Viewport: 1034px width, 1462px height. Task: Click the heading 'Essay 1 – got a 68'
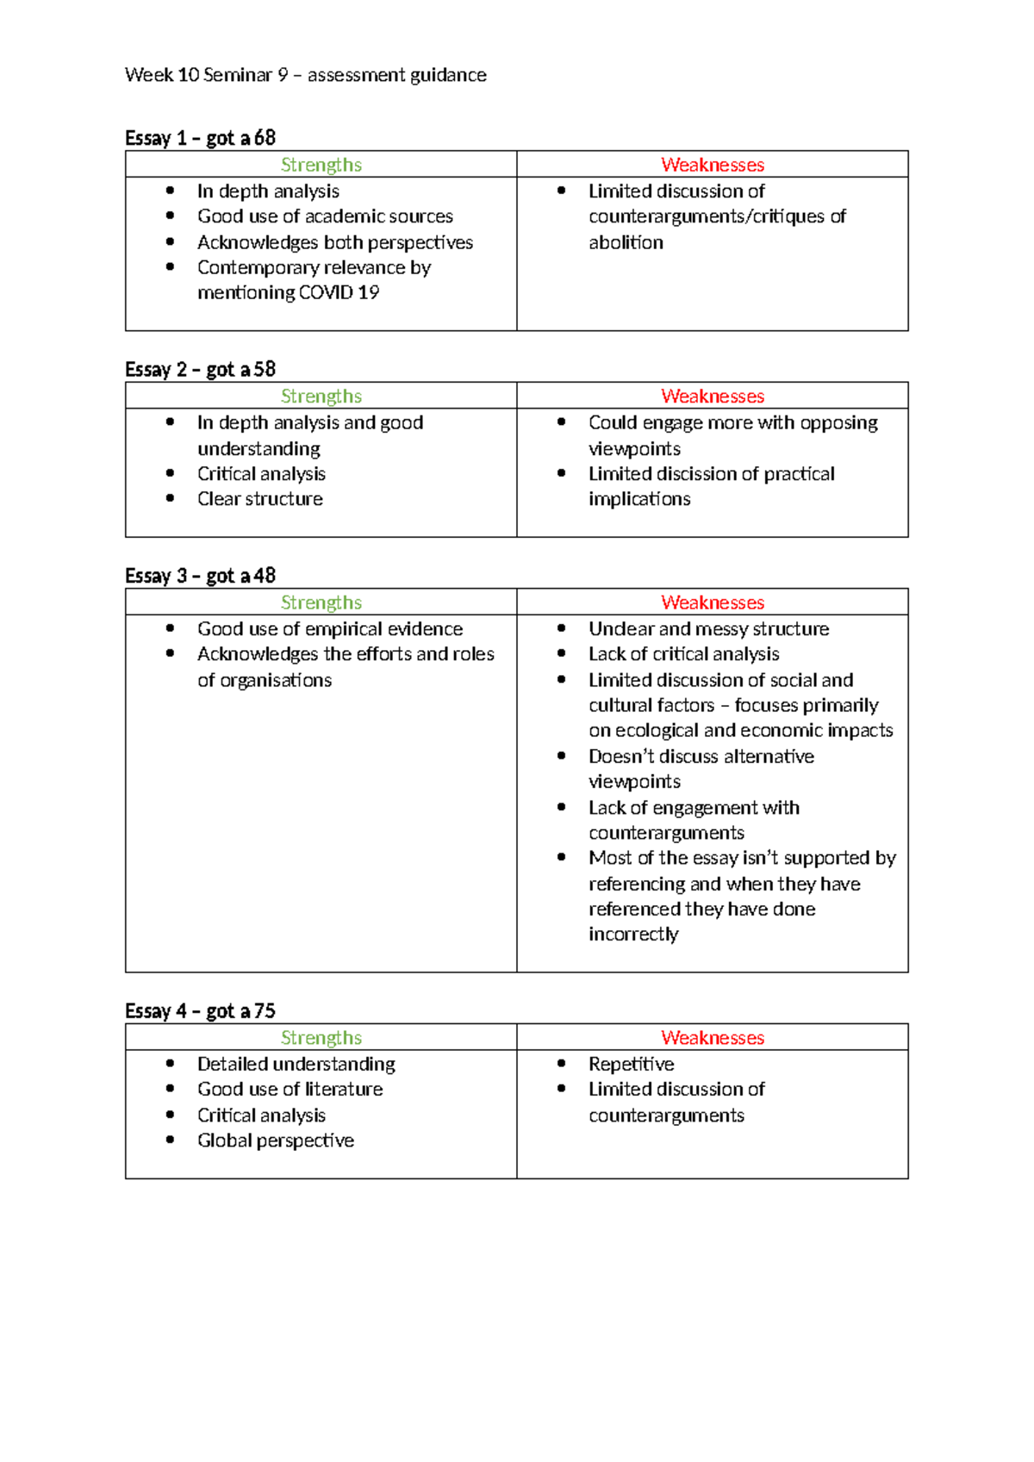200,138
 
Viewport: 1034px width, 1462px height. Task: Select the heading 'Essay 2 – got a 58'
200,369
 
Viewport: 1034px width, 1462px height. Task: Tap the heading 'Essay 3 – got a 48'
200,575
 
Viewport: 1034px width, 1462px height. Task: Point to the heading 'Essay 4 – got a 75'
200,1010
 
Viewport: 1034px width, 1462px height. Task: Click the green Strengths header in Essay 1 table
321,165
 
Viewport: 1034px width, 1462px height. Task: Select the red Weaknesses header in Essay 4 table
713,1038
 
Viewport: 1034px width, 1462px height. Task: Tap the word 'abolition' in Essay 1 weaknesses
626,242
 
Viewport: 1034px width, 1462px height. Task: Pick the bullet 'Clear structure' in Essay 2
259,499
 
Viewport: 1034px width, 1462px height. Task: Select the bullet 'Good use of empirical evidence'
329,629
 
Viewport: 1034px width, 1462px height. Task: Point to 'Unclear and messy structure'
708,629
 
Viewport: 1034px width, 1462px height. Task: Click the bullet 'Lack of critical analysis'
683,654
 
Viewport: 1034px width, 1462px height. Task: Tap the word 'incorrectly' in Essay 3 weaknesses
633,934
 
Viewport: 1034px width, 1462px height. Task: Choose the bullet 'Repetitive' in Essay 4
631,1064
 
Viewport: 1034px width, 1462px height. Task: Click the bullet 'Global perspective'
275,1140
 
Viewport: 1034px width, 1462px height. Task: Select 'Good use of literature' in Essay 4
290,1090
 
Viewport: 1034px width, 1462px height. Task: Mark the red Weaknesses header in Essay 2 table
713,397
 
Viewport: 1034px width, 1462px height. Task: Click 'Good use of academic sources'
325,216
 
